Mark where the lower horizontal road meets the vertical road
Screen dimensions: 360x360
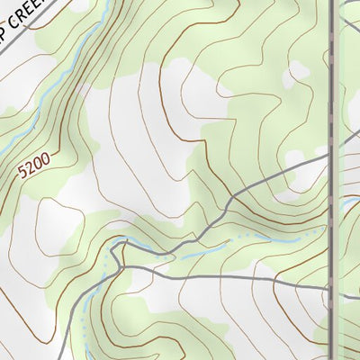(328, 290)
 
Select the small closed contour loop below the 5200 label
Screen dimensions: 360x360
(54, 216)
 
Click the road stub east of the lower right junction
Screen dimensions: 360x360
(346, 291)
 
